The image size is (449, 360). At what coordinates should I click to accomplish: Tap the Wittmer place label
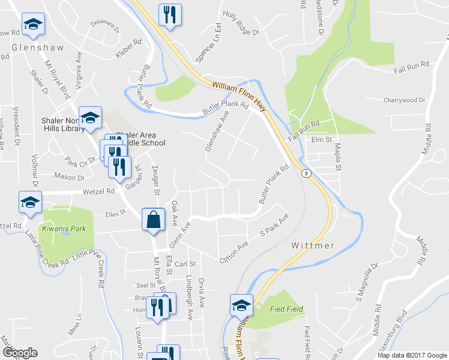313,245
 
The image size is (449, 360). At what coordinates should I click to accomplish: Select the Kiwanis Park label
64,229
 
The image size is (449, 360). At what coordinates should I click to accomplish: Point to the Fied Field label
286,309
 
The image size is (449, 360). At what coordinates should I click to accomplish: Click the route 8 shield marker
307,173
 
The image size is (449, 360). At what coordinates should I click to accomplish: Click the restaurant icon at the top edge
170,14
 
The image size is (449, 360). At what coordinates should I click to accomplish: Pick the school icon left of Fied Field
241,305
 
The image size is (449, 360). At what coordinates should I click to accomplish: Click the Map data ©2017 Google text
412,355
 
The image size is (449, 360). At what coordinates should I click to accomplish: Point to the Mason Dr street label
69,177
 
